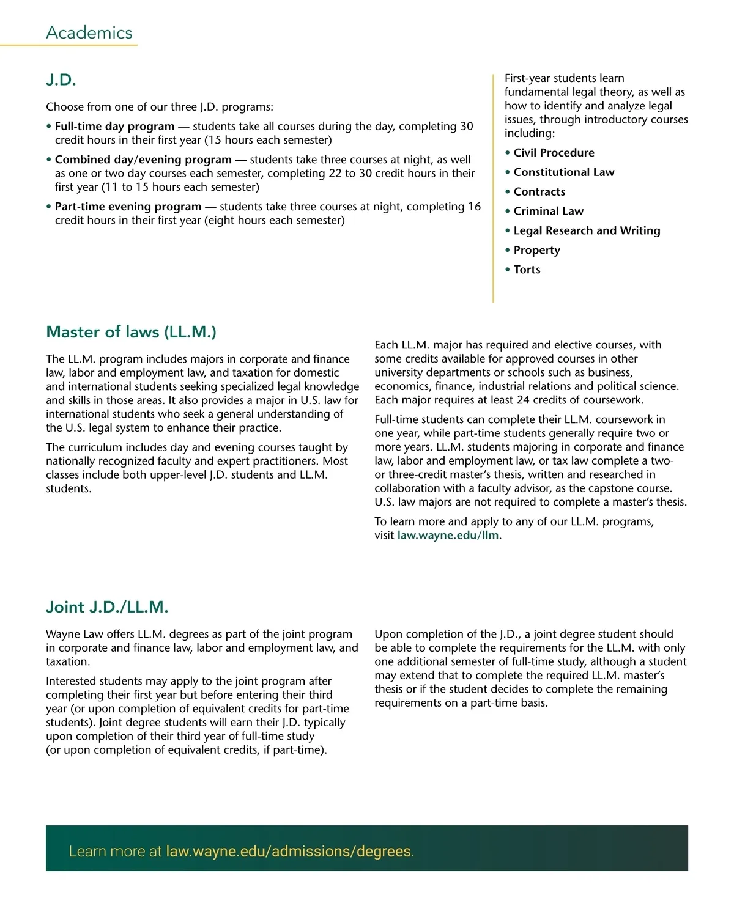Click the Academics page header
(89, 33)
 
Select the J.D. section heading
(61, 80)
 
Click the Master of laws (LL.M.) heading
(131, 332)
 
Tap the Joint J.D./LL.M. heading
(107, 607)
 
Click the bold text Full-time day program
(114, 127)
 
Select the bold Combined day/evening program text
(143, 160)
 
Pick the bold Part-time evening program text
(128, 207)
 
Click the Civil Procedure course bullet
(554, 153)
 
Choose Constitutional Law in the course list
(563, 172)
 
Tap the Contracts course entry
(539, 192)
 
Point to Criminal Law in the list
(548, 212)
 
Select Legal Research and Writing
(587, 230)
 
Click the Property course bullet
(536, 250)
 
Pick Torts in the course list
(527, 270)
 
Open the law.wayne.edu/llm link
(448, 536)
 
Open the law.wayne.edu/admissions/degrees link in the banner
(289, 851)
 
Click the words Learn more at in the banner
(115, 851)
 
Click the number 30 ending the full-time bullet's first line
(467, 127)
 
